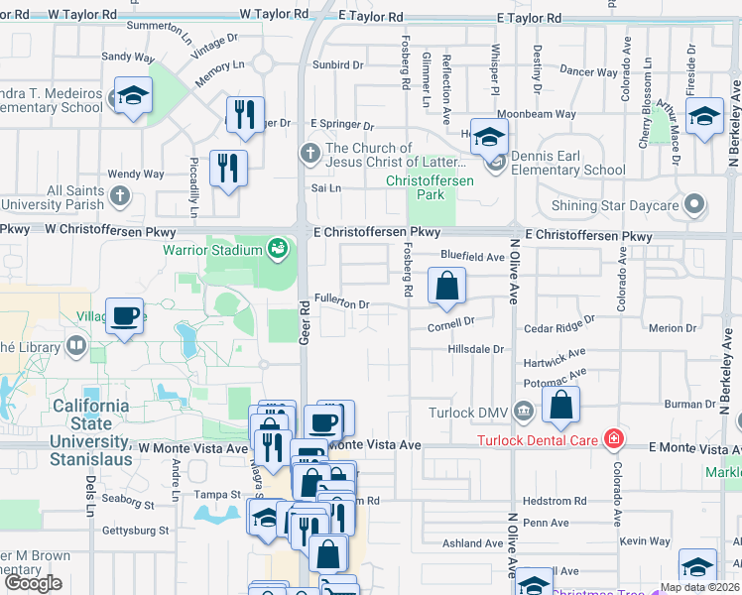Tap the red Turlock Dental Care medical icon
(x=615, y=439)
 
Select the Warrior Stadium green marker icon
(x=278, y=248)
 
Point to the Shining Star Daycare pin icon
(x=694, y=205)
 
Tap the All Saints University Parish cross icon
(x=120, y=195)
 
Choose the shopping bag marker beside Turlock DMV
(x=560, y=405)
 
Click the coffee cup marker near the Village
(x=124, y=316)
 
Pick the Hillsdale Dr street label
(x=476, y=349)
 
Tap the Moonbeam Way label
(x=536, y=114)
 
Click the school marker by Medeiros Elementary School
(x=132, y=96)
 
